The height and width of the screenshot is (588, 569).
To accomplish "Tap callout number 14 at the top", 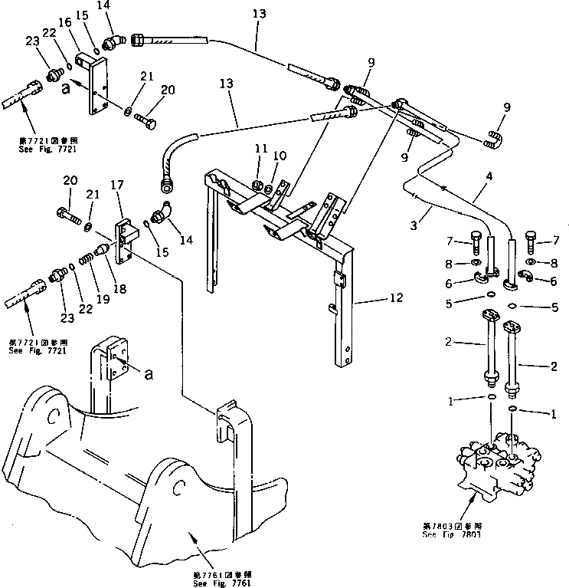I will coord(103,5).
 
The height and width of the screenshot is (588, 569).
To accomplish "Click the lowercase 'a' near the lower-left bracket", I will coord(149,375).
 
